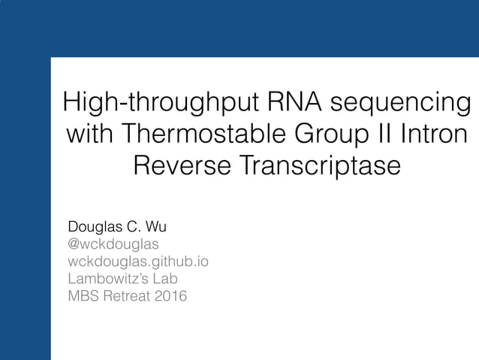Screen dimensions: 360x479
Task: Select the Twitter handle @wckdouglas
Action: [x=113, y=244]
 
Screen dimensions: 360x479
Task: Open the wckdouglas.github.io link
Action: [x=138, y=262]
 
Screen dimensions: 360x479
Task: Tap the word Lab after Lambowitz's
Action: [x=165, y=279]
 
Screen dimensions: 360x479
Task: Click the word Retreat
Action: [x=126, y=296]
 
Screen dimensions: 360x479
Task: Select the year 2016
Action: [x=171, y=296]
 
